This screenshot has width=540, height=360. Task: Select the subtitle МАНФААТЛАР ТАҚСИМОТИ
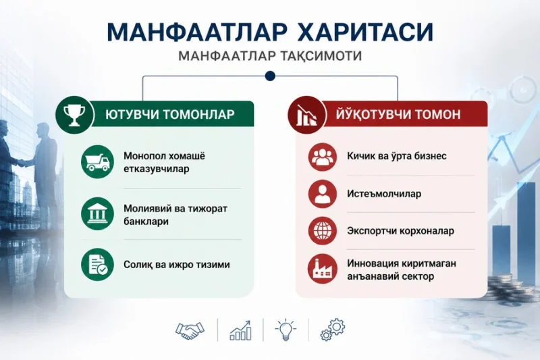270,56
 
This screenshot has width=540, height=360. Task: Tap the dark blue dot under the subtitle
271,76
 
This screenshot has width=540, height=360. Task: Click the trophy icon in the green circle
74,115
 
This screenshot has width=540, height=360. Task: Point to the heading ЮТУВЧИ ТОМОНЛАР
170,114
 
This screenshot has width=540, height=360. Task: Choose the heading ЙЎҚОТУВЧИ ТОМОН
398,113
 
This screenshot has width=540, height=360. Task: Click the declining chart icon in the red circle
306,115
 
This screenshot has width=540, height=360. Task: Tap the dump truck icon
97,161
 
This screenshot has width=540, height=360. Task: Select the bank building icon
97,213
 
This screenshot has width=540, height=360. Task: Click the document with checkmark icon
97,265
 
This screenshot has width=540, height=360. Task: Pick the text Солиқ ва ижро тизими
177,265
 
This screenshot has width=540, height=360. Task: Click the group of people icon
323,157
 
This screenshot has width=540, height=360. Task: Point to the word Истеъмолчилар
384,194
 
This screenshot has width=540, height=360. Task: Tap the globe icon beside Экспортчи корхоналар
323,230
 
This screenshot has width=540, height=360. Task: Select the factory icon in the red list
323,269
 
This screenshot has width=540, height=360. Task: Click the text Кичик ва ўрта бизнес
397,156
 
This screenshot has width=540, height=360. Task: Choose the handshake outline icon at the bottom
190,331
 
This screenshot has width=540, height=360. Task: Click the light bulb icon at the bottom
286,330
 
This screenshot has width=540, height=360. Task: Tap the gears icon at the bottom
332,330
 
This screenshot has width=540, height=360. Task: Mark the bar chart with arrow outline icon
240,330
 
